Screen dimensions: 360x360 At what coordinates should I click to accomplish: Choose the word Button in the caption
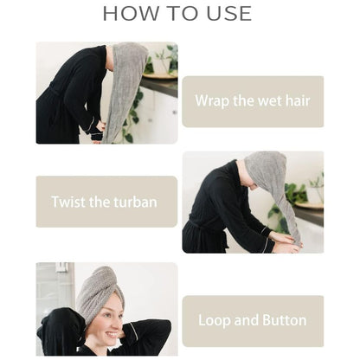click(x=285, y=320)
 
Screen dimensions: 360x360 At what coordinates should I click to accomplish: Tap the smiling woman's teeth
click(x=112, y=335)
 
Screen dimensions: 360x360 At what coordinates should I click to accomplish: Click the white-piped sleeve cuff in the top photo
click(x=92, y=127)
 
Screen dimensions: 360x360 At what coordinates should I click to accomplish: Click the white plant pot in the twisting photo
click(x=314, y=196)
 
